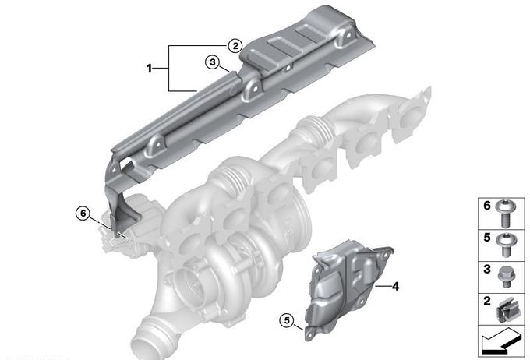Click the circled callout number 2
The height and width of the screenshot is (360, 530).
(x=235, y=46)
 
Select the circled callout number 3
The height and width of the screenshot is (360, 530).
(x=212, y=62)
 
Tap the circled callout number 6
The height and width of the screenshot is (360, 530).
(x=83, y=214)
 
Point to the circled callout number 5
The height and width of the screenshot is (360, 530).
(x=287, y=320)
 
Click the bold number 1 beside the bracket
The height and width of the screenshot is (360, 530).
(x=149, y=69)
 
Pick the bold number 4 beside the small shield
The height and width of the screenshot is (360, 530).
(x=395, y=287)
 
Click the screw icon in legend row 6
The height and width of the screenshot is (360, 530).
(x=505, y=214)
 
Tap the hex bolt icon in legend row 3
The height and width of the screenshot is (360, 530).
(x=506, y=277)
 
